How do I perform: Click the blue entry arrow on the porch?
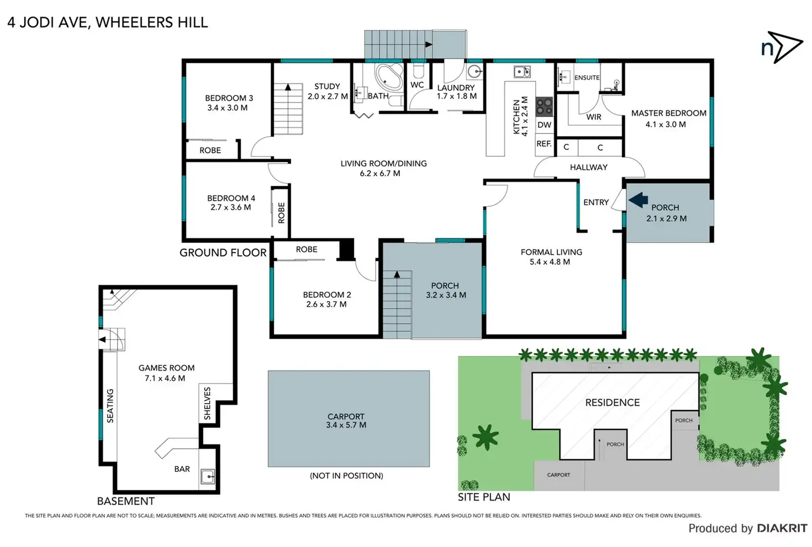638,200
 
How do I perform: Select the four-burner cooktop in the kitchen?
544,105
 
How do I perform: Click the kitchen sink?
521,72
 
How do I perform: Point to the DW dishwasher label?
544,125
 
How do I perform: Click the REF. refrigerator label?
544,143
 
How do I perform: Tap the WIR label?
594,117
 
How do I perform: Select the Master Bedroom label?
669,113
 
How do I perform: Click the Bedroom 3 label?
229,98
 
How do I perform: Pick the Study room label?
327,87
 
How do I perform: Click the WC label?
417,85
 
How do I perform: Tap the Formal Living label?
551,252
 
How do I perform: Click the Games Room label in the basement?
166,368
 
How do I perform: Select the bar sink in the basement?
207,476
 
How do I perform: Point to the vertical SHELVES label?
207,403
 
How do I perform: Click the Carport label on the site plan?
558,475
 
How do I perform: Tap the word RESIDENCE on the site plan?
612,403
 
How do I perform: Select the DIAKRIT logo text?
782,528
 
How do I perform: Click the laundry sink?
474,72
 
